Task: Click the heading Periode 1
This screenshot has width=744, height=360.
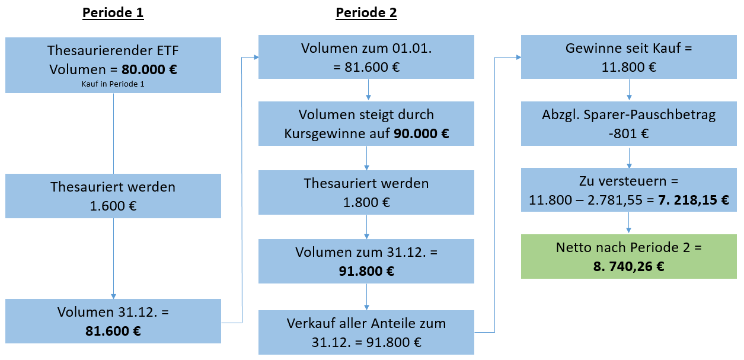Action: [x=113, y=13]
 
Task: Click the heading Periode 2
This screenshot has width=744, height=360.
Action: [x=366, y=13]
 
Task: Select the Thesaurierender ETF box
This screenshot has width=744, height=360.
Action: [x=113, y=65]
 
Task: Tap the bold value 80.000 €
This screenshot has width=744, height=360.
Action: [x=148, y=69]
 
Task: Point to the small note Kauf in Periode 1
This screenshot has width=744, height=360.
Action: [x=113, y=84]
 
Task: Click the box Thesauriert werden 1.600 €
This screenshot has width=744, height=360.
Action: [x=113, y=196]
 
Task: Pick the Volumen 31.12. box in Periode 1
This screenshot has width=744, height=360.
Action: [x=113, y=321]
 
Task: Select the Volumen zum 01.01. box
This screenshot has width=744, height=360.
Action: [x=366, y=58]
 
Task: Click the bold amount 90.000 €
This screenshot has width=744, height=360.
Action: [x=422, y=133]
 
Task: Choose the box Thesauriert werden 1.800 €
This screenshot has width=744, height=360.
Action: [x=366, y=193]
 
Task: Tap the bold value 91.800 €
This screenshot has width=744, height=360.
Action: [x=366, y=272]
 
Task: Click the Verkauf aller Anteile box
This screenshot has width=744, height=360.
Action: [x=366, y=332]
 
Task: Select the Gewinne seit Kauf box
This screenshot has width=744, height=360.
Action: [x=629, y=58]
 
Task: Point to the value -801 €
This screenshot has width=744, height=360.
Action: [x=629, y=133]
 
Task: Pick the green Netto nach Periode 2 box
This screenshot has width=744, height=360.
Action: [x=629, y=256]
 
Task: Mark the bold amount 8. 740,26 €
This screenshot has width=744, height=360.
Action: [x=629, y=266]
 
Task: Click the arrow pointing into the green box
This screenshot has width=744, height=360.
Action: [x=629, y=225]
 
